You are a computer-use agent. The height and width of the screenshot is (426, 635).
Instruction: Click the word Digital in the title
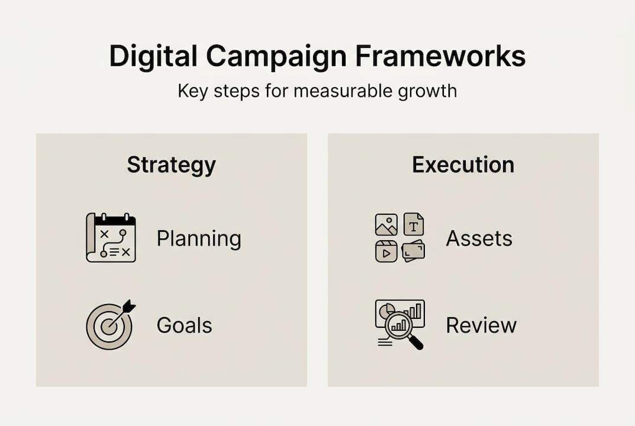tap(153, 57)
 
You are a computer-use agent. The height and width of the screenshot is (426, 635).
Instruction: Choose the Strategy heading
tap(171, 165)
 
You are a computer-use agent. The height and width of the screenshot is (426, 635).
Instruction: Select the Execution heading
tap(463, 165)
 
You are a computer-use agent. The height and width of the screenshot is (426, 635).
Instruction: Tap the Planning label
tap(199, 239)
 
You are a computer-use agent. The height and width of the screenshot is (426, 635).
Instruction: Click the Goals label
tap(184, 325)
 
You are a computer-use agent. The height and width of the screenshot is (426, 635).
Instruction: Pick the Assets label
tap(479, 238)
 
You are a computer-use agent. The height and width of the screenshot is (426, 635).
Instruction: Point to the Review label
tap(481, 325)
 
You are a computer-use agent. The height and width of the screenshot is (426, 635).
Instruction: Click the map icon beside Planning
tap(111, 238)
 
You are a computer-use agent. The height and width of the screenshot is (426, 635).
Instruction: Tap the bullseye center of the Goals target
tap(108, 326)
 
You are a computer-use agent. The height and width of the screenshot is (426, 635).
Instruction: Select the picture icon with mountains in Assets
tap(386, 225)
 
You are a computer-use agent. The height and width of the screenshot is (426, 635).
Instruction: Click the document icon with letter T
tap(414, 224)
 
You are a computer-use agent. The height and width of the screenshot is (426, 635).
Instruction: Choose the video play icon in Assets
tap(386, 251)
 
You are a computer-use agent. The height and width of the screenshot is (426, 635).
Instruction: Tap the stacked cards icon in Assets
tap(413, 251)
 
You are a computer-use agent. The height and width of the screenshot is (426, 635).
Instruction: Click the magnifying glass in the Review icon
tap(400, 325)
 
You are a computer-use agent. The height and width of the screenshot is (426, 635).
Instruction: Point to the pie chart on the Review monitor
tap(387, 310)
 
